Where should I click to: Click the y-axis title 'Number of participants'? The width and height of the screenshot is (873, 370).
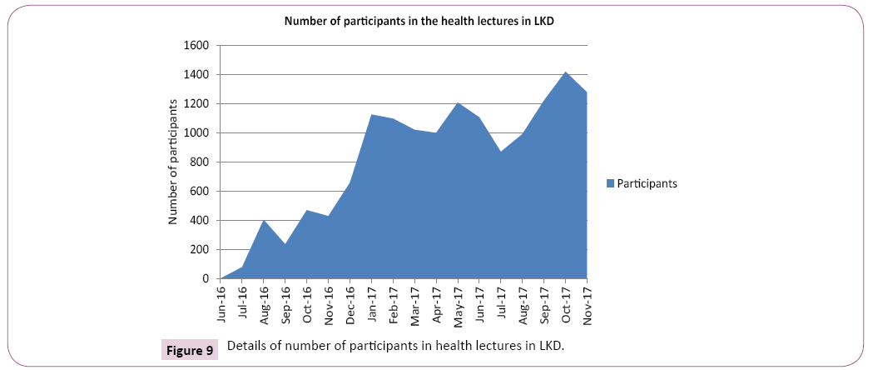coord(173,162)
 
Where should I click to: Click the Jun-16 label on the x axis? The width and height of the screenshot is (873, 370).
coord(221,303)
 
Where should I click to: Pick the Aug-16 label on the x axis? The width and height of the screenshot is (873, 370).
coord(265,303)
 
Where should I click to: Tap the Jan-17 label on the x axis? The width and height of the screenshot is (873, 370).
coord(372,303)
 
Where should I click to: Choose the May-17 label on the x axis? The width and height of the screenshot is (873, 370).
coord(458,303)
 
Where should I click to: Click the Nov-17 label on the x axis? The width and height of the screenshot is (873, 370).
coord(587,303)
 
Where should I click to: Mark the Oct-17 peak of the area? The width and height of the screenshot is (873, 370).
coord(565,72)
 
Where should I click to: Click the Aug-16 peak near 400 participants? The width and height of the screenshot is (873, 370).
coord(264,221)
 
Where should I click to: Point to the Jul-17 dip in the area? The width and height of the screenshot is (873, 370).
coord(501,152)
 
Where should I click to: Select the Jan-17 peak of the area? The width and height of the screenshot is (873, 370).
coord(371,115)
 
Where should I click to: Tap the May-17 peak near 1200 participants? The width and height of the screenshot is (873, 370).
coord(458,103)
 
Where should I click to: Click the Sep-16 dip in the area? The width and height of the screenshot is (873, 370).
coord(285,244)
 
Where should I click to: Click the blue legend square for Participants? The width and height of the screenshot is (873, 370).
coord(610,183)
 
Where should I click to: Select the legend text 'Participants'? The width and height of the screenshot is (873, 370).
coord(647,183)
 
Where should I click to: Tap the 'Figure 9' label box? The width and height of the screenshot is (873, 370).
coord(189,349)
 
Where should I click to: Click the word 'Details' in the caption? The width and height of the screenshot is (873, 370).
coord(246,346)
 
